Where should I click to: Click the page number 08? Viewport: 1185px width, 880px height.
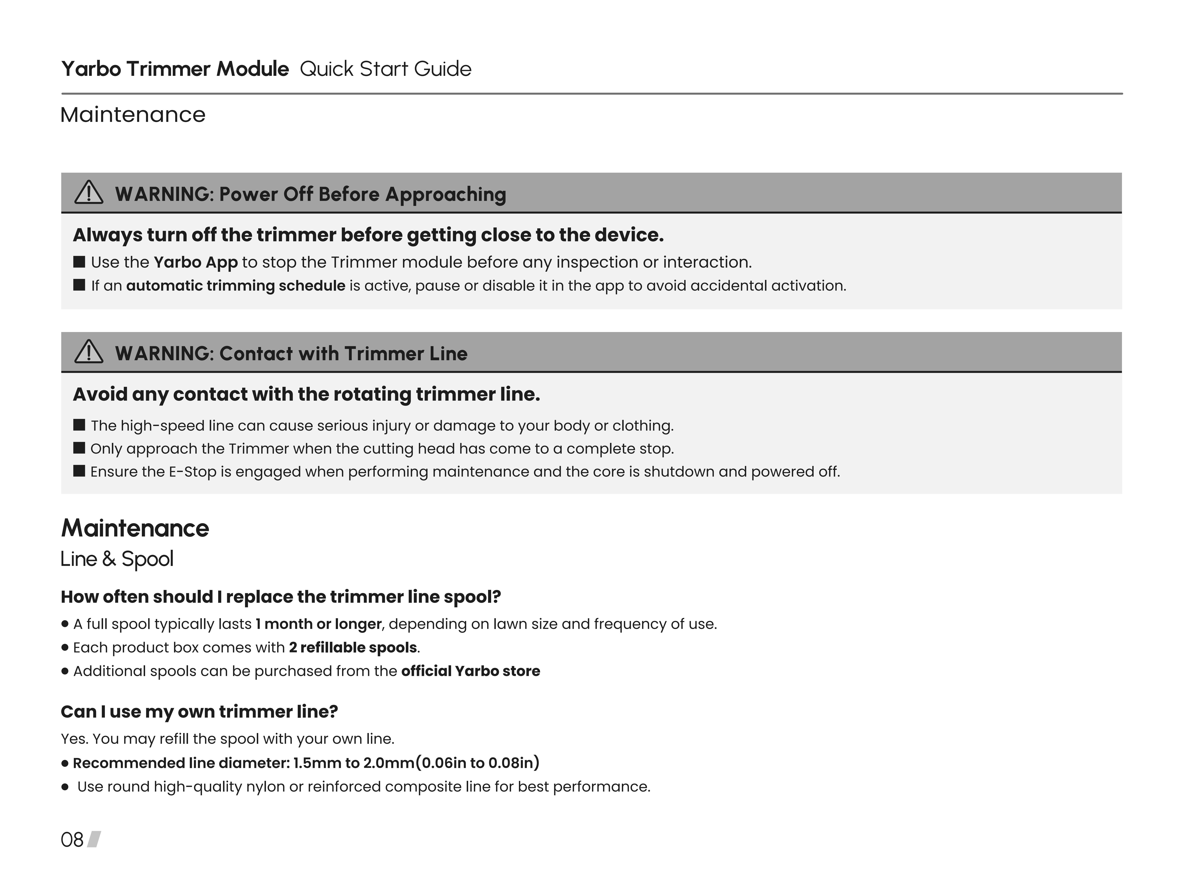(72, 840)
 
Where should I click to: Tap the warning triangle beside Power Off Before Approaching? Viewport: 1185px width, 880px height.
(88, 193)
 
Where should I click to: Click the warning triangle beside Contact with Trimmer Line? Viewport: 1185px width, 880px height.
(88, 352)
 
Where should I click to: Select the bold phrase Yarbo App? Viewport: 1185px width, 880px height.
(195, 263)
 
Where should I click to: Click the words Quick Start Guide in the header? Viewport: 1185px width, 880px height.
(385, 69)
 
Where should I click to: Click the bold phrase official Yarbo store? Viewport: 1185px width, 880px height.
(471, 671)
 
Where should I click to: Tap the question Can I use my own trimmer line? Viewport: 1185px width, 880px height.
(199, 712)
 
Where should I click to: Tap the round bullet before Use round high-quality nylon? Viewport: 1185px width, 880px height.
(65, 787)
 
